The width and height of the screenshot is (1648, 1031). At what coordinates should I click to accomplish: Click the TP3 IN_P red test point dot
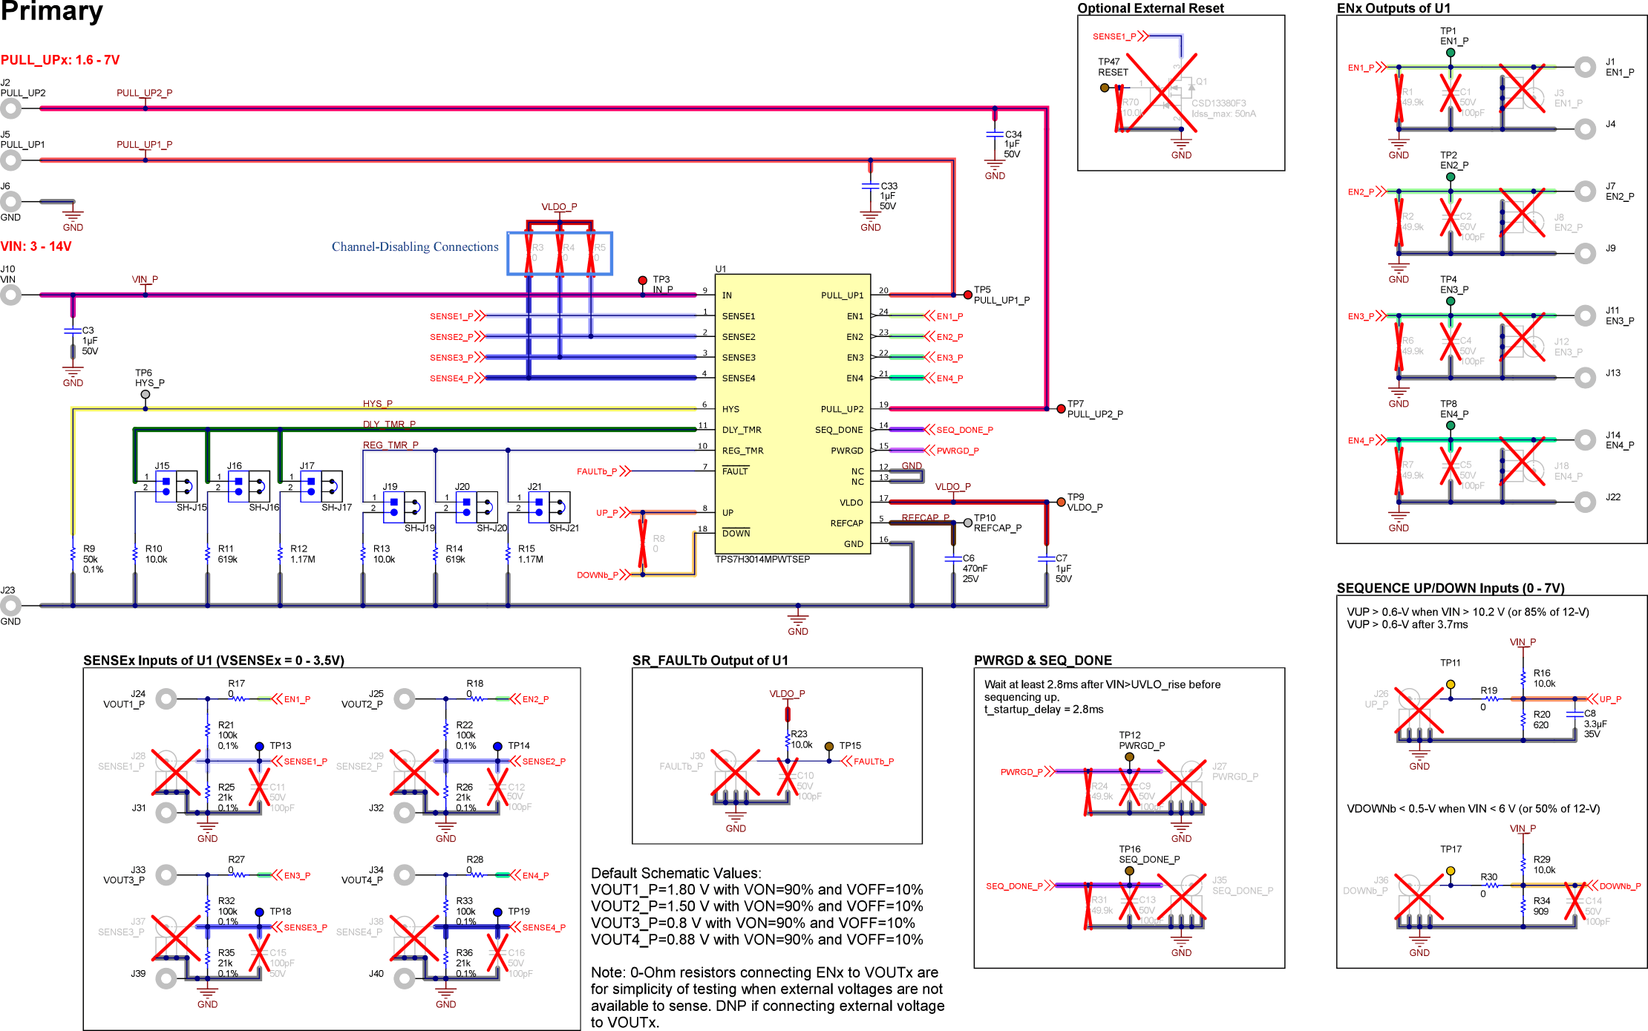tap(643, 281)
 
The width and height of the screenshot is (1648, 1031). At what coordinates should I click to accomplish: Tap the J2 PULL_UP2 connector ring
tap(10, 108)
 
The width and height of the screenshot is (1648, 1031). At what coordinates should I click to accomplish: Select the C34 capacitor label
tap(1013, 134)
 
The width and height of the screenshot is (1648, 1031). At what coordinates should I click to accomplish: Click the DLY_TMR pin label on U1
tap(741, 430)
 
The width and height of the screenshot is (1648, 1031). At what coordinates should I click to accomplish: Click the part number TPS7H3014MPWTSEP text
tap(762, 560)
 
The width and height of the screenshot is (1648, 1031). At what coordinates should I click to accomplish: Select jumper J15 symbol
tap(176, 487)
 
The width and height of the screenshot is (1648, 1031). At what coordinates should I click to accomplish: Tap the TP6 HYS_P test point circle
tap(145, 394)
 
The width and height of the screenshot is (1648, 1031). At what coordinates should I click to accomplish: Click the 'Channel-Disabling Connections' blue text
tap(414, 247)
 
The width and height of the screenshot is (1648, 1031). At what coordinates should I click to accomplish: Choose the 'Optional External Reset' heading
tap(1150, 8)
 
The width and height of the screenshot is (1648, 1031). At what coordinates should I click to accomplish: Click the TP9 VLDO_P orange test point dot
tap(1061, 503)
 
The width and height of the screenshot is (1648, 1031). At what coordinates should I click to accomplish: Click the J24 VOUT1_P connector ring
tap(166, 698)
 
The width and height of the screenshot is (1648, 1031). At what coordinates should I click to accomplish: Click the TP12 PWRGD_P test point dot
tap(1129, 757)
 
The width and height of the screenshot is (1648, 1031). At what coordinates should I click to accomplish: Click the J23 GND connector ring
tap(10, 606)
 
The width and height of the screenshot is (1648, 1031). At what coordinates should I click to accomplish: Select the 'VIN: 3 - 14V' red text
tap(36, 246)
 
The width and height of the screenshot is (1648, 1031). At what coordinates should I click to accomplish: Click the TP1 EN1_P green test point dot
tap(1450, 53)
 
